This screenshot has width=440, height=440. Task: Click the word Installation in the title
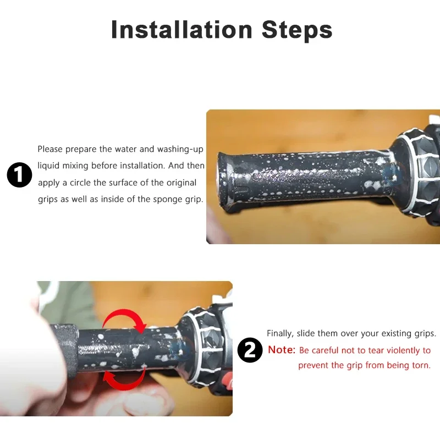coord(182,30)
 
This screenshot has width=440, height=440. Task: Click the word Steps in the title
coord(297,30)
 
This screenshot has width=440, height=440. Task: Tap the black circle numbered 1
coord(19,174)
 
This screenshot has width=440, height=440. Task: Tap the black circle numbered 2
coord(250,350)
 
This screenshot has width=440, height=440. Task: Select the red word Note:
coord(282,350)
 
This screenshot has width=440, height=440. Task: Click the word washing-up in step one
coord(180,149)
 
